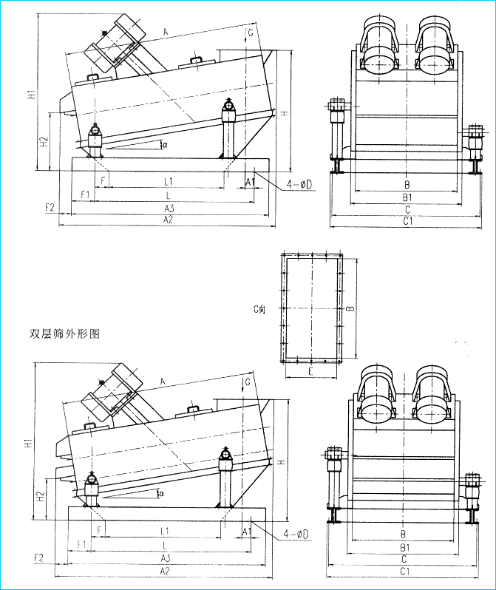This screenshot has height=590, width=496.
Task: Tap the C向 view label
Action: click(x=259, y=308)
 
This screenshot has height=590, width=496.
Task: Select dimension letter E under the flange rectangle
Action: click(x=310, y=372)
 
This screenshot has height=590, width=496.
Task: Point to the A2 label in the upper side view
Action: click(x=169, y=220)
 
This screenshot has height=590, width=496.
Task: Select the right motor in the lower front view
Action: click(x=433, y=398)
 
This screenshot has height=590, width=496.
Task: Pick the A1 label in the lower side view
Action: click(x=248, y=531)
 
